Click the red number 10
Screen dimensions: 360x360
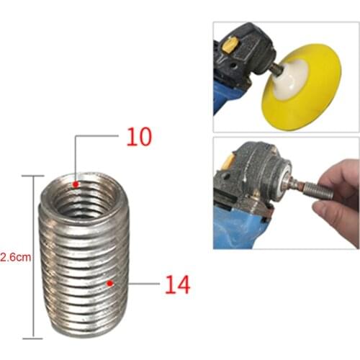(x=139, y=137)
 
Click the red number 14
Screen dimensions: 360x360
(x=177, y=284)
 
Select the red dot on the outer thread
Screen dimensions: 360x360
(x=109, y=283)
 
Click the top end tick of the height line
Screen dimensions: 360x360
(x=33, y=175)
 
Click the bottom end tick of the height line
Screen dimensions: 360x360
(x=33, y=338)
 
